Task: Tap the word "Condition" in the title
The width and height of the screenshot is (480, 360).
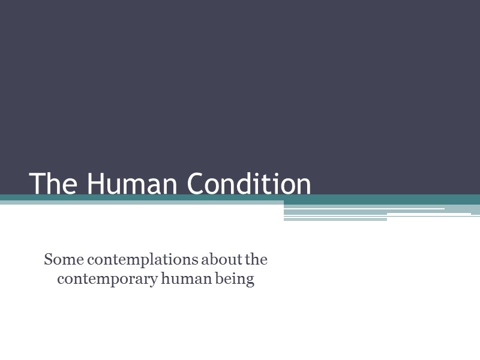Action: [x=249, y=184]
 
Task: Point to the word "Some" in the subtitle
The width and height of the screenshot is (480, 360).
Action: [x=59, y=260]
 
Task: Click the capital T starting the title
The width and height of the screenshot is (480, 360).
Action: [x=37, y=184]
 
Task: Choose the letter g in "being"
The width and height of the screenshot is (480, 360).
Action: [x=251, y=281]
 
